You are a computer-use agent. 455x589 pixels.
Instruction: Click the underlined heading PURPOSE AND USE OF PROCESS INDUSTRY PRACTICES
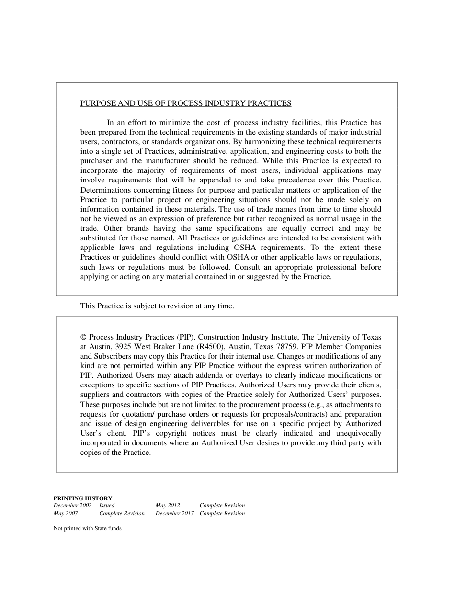185,103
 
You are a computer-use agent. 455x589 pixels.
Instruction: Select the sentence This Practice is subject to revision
157,306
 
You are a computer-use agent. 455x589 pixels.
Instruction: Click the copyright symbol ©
84,337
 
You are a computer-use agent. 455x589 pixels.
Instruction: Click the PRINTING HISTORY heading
83,498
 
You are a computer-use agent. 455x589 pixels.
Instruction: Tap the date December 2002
72,505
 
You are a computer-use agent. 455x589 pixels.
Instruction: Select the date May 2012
168,505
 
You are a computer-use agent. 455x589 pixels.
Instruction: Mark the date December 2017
174,513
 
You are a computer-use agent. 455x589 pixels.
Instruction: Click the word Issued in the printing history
107,505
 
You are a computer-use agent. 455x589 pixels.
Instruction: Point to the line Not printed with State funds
88,529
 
